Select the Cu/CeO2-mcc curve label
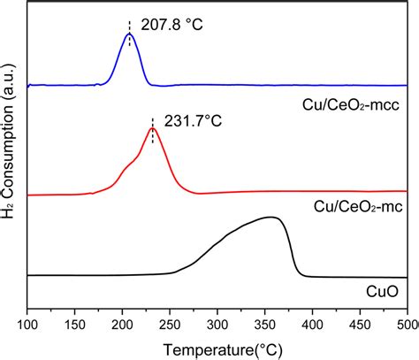[352, 104]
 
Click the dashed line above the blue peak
[130, 27]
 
